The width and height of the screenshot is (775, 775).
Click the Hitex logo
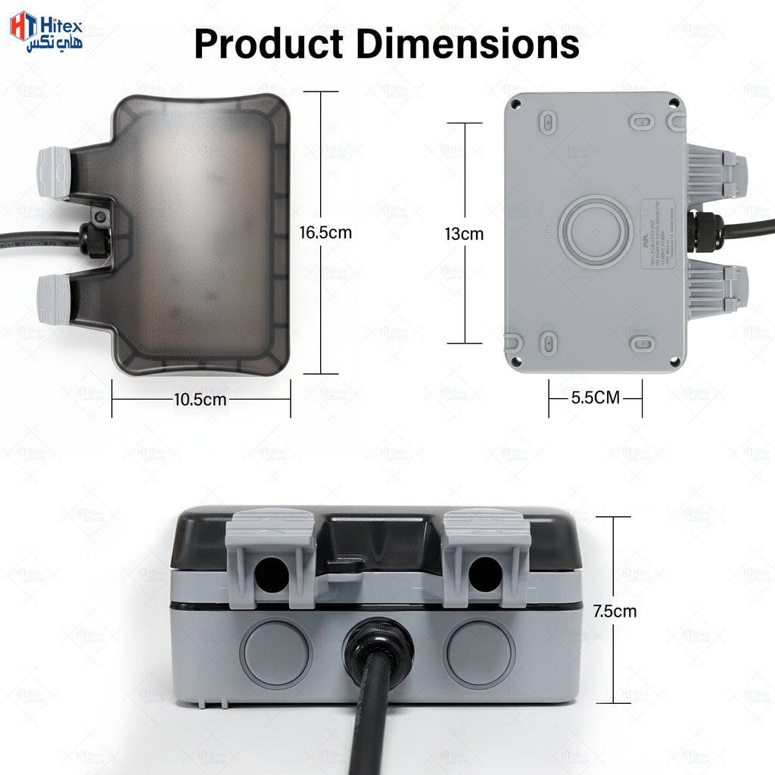point(45,32)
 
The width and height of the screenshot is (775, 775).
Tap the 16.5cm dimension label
point(325,232)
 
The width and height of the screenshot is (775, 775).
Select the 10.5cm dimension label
point(200,400)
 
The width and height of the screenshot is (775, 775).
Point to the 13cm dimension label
point(464,234)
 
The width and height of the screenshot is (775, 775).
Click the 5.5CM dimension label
point(595,397)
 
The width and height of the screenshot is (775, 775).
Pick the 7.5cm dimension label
point(615,611)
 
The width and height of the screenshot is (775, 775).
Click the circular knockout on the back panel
point(596,231)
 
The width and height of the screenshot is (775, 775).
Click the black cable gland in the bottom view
point(378,651)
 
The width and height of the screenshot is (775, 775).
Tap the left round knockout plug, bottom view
point(275,652)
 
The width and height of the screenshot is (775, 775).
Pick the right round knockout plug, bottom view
point(479,652)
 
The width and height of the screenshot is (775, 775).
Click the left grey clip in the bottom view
point(271,556)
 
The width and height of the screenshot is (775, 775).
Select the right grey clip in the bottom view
point(486,556)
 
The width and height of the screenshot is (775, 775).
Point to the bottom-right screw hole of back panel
point(674,361)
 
